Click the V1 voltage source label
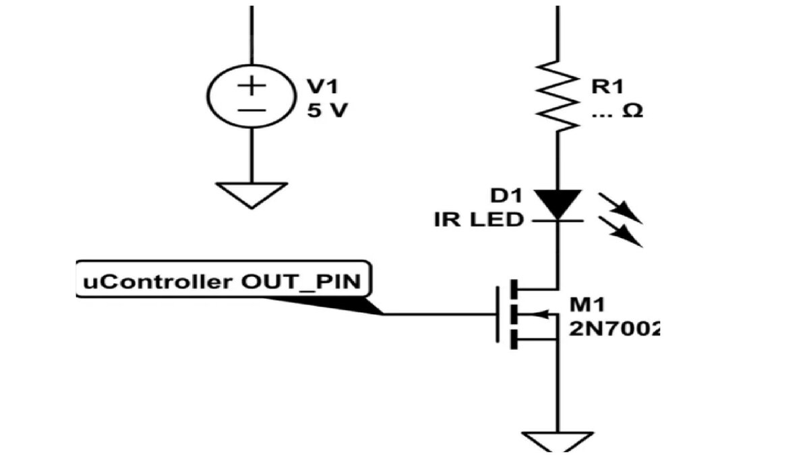(x=322, y=87)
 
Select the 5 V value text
(x=327, y=111)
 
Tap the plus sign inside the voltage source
(x=251, y=86)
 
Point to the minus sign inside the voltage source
(x=251, y=111)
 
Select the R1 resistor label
(x=608, y=87)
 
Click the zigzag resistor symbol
(x=558, y=95)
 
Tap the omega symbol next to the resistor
(x=633, y=111)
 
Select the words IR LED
(x=479, y=220)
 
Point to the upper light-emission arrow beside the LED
(x=620, y=208)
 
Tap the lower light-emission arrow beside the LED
(x=620, y=232)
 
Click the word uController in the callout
(x=157, y=282)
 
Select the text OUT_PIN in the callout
(x=301, y=282)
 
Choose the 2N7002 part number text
(x=615, y=329)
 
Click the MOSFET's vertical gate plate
(x=498, y=314)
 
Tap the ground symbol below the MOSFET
(x=558, y=442)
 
